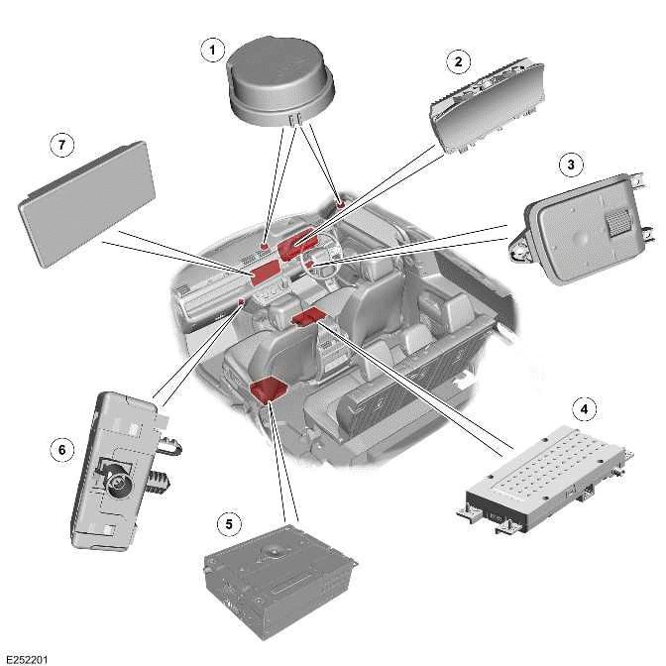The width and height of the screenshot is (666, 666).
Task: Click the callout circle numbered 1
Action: pyautogui.click(x=210, y=49)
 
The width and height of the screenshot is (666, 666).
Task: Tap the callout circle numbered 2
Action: pyautogui.click(x=457, y=61)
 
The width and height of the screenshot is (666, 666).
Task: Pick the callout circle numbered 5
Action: pyautogui.click(x=229, y=523)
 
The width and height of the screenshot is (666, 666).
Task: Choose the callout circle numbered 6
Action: pyautogui.click(x=61, y=449)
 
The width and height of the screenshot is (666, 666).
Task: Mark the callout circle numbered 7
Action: pyautogui.click(x=61, y=145)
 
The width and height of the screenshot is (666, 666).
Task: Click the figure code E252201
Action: pyautogui.click(x=27, y=657)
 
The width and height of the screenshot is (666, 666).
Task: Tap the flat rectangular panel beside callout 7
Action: pyautogui.click(x=87, y=202)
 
